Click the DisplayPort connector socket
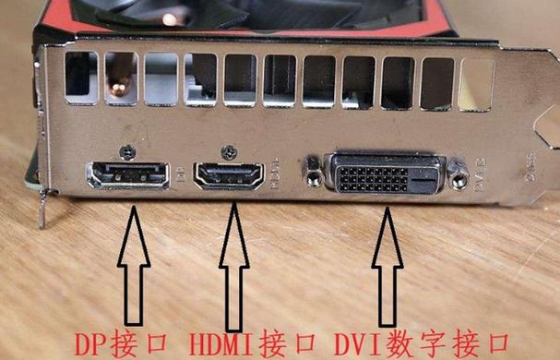point(127,174)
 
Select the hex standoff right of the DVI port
point(459,171)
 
